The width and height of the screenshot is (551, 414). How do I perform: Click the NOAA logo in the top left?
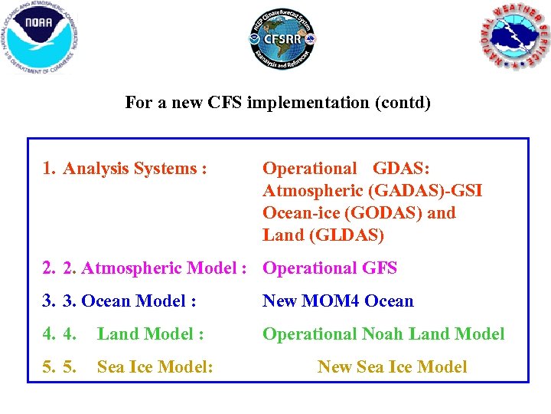tap(41, 37)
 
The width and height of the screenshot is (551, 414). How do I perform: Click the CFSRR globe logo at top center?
tap(282, 39)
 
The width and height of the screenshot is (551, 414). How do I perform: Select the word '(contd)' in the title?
tap(403, 102)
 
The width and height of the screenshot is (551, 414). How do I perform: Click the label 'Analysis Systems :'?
tap(135, 169)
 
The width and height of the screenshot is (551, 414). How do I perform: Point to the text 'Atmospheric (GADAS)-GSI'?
tap(372, 191)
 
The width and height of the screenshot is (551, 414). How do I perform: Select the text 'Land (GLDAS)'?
tap(323, 235)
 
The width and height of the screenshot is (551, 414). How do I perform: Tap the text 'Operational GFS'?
tap(330, 268)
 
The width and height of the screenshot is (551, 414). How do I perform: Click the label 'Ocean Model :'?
tap(139, 301)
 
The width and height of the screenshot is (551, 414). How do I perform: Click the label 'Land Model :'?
tap(150, 334)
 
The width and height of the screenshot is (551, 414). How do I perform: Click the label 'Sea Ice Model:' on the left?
tap(155, 367)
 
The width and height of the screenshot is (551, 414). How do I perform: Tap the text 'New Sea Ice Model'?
tap(392, 367)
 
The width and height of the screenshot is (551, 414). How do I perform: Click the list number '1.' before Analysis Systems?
tap(51, 169)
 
